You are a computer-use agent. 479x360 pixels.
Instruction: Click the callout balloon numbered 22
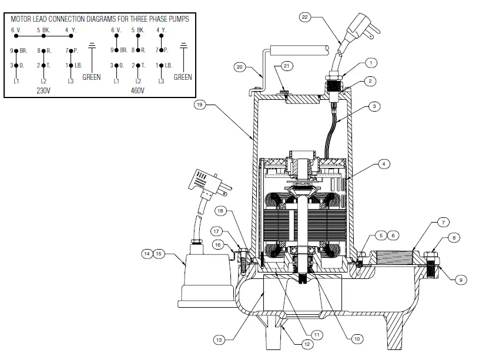(304, 18)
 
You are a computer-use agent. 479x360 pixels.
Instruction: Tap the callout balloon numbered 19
(200, 106)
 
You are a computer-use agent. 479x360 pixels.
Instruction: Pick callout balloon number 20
(239, 67)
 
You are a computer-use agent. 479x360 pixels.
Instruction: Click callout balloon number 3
(374, 106)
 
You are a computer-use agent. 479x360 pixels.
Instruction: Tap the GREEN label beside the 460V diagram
(183, 77)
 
